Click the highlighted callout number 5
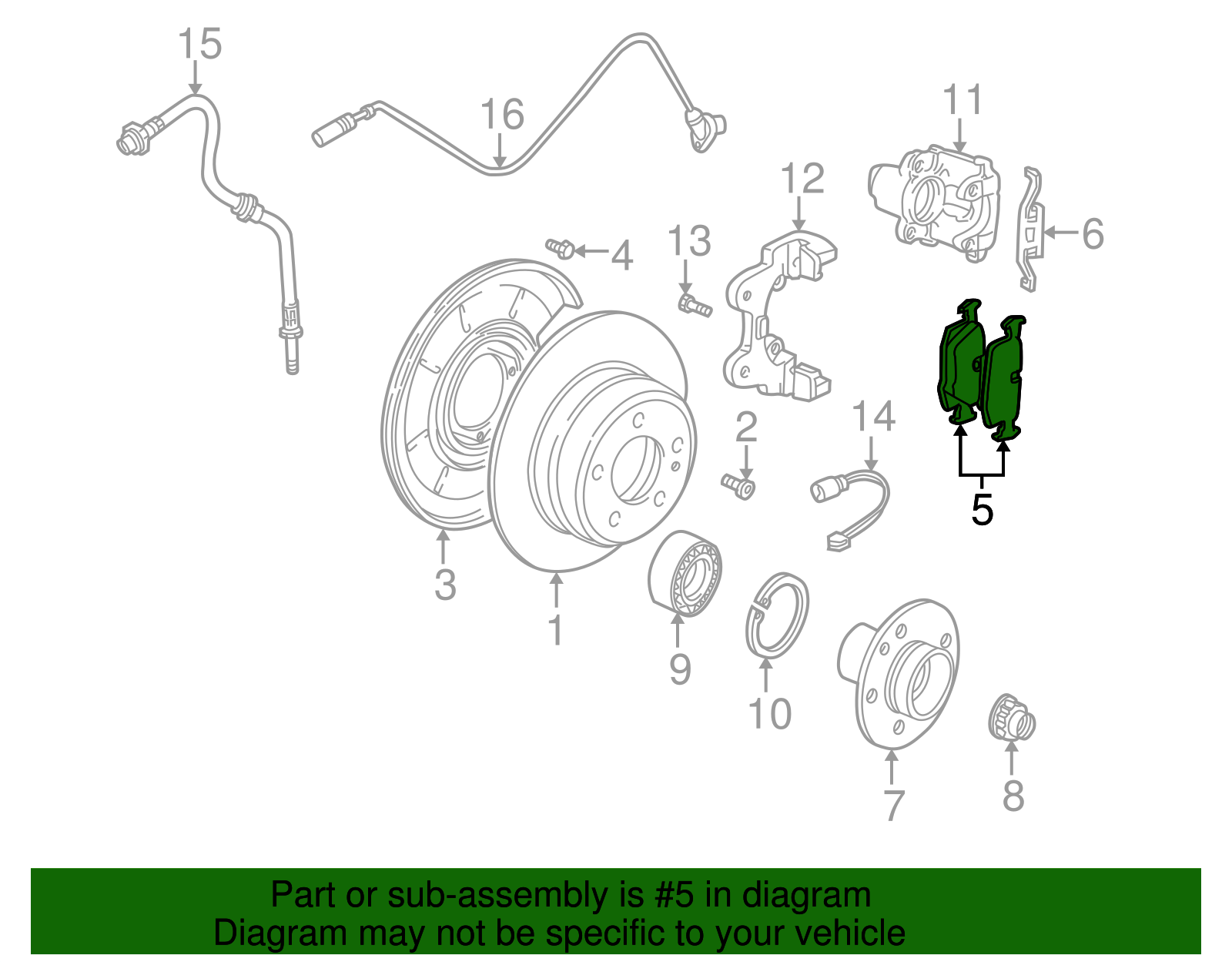point(982,510)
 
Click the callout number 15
point(199,44)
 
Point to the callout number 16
point(502,115)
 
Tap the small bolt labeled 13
point(693,306)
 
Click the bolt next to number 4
point(560,248)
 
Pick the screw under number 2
point(739,486)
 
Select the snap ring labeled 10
point(778,616)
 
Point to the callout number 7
point(892,805)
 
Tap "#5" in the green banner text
point(675,895)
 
